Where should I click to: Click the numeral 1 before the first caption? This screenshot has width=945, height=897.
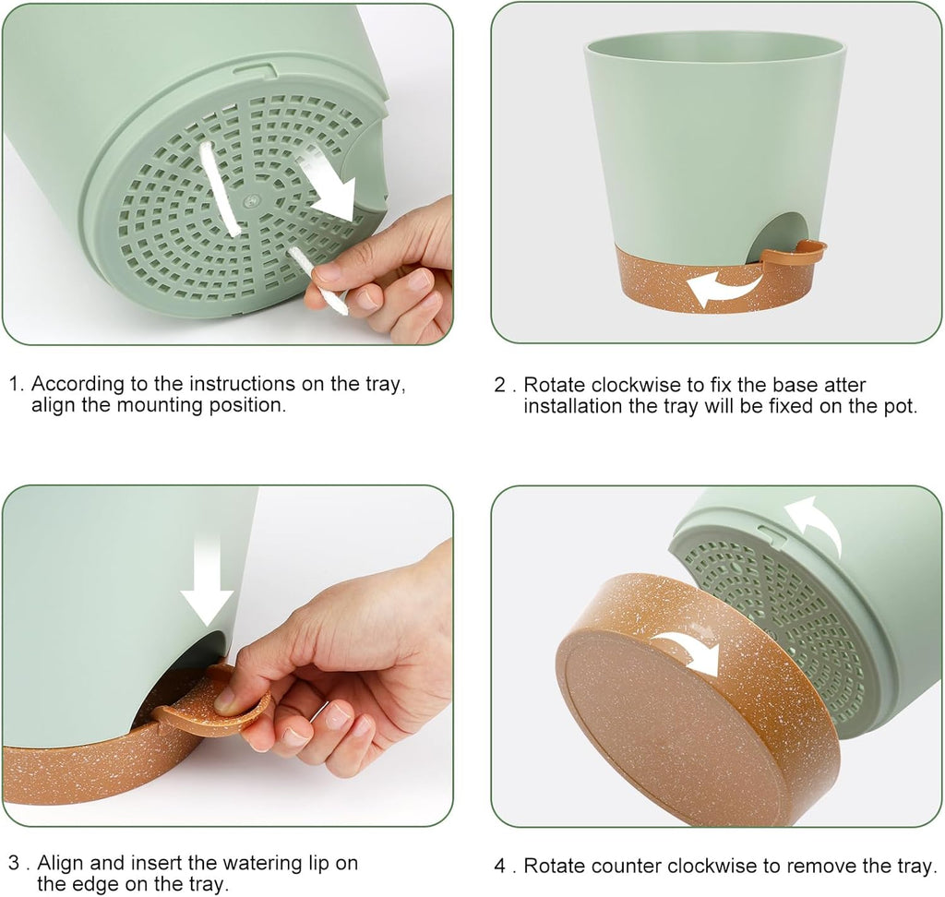[15, 383]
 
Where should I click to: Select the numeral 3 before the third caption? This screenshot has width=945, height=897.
[15, 863]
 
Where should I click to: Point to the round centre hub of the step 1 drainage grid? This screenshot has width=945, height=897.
[249, 200]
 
